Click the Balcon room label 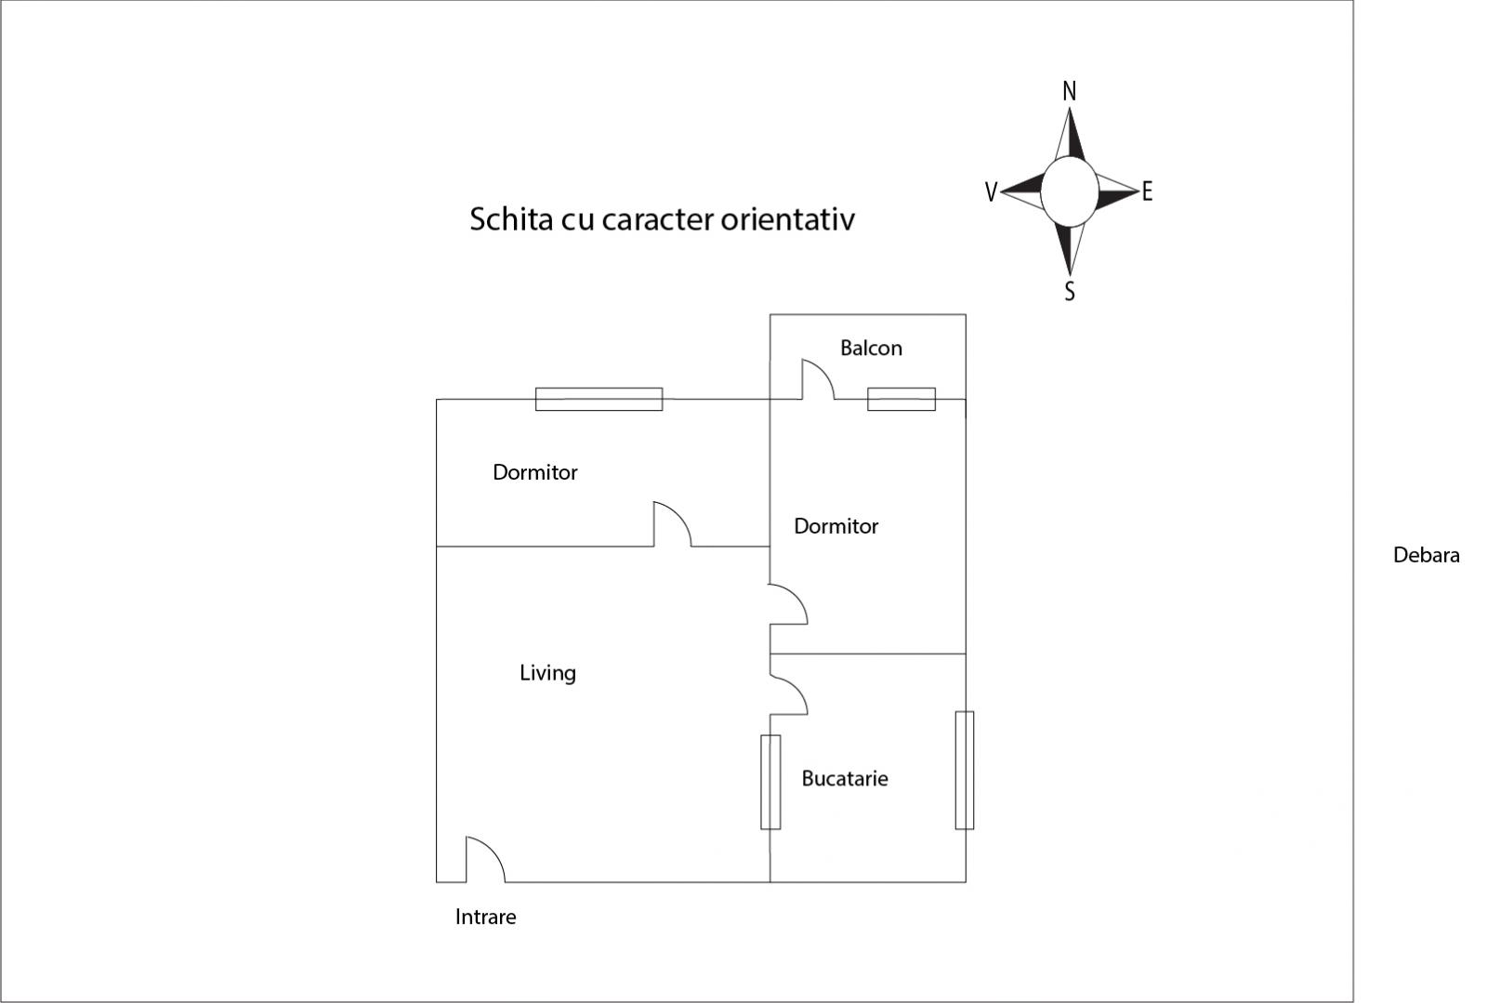[871, 348]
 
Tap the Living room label [547, 673]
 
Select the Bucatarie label [845, 778]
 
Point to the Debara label [1426, 555]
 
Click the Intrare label [485, 917]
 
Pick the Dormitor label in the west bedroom [535, 472]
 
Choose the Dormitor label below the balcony [836, 526]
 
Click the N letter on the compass [1070, 91]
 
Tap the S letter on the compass [1070, 291]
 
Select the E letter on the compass [1147, 191]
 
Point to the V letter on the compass [991, 191]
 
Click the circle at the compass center [1070, 191]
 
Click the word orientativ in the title [788, 219]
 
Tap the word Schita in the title [511, 219]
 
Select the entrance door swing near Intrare [485, 860]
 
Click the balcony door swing [818, 379]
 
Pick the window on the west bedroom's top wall [599, 399]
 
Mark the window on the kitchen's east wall [965, 770]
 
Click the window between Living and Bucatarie [770, 782]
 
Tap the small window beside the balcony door [901, 399]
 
